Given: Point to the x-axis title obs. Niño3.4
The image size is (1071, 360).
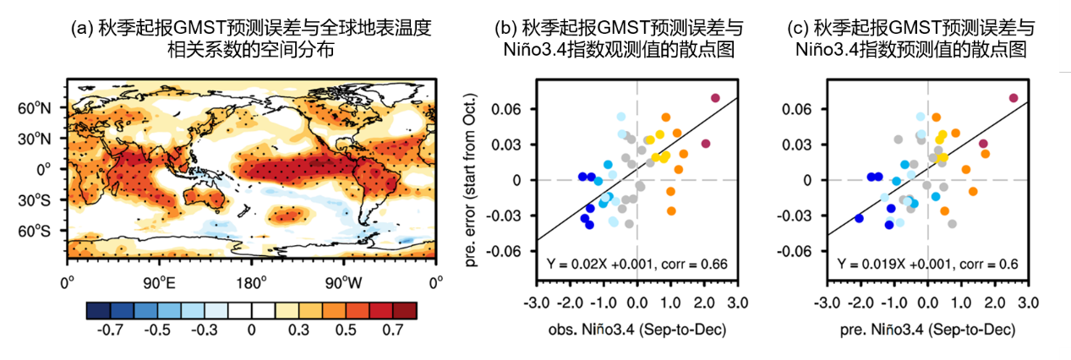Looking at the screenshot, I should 636,328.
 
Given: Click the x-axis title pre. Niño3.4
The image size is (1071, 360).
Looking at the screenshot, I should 927,328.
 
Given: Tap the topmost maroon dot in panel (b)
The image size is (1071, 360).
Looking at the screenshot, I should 715,98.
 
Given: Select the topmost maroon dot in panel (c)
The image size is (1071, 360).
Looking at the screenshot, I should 1014,98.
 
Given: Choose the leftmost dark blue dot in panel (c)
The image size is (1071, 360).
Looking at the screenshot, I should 859,218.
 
